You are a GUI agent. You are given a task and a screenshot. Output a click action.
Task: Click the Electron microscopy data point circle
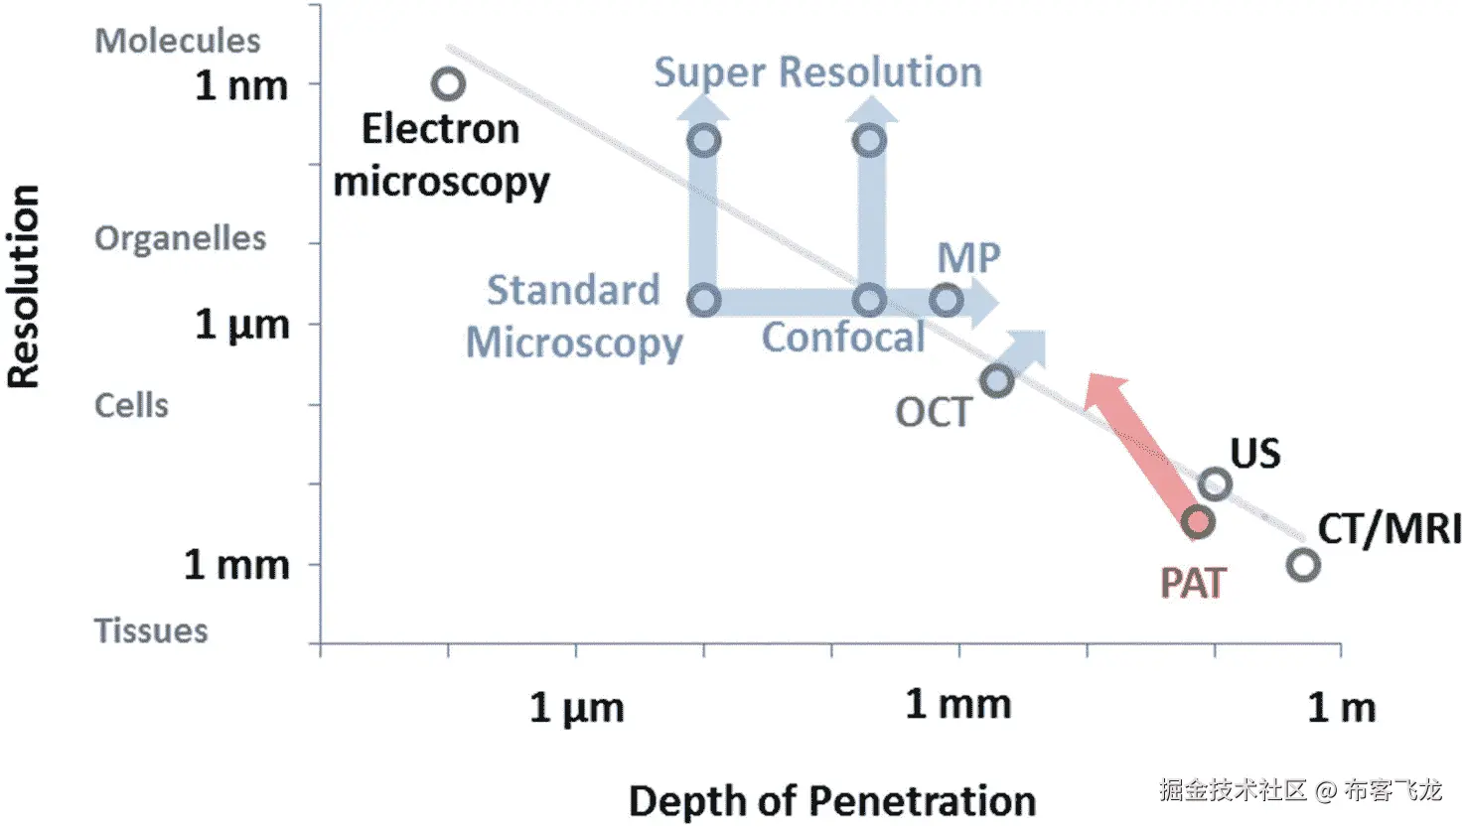[x=448, y=84]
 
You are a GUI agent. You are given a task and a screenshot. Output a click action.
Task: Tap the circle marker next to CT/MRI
[x=1303, y=565]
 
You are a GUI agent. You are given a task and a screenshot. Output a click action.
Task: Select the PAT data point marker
[x=1198, y=521]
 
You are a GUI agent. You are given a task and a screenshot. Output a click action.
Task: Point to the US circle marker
[x=1215, y=484]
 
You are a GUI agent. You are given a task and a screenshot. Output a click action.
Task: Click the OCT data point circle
[x=996, y=380]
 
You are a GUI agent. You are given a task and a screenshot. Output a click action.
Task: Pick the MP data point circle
[x=947, y=300]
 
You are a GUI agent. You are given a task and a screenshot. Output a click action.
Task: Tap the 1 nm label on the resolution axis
[x=241, y=85]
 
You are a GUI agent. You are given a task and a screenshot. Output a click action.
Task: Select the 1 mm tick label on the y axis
[x=236, y=565]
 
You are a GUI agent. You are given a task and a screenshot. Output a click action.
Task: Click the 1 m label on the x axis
[x=1341, y=708]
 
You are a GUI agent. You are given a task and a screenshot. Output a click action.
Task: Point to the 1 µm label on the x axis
[x=576, y=708]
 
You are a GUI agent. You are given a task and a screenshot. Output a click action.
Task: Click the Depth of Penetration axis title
[x=831, y=800]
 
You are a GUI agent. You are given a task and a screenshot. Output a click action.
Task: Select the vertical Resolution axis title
[x=24, y=286]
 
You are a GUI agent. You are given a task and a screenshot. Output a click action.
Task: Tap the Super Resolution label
[x=817, y=72]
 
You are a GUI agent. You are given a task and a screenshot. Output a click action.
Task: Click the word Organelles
[x=180, y=238]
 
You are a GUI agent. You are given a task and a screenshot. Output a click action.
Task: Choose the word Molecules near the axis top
[x=177, y=41]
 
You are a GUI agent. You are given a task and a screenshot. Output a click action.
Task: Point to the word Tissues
[x=151, y=630]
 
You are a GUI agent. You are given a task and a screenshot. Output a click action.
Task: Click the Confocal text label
[x=843, y=338]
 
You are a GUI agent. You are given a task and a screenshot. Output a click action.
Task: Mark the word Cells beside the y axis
[x=131, y=405]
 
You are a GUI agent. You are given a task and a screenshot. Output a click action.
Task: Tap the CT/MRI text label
[x=1389, y=528]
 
